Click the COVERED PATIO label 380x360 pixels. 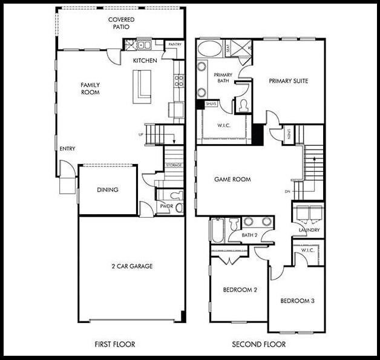point(121,24)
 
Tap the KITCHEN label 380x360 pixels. point(145,61)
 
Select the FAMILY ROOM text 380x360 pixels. point(90,88)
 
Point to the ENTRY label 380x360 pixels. point(67,148)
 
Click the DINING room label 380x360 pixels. point(108,190)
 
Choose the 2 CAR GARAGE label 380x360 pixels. point(131,266)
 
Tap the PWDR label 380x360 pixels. point(166,206)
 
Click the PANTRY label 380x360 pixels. point(175,44)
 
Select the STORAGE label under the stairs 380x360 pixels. point(173,165)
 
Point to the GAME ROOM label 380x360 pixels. point(233,180)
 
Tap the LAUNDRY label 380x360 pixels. point(309,230)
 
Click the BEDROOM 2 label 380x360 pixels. point(240,290)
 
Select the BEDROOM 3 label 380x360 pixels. point(296,301)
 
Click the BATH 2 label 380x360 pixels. point(250,235)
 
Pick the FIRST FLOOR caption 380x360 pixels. point(115,345)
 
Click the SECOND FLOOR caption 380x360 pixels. point(259,345)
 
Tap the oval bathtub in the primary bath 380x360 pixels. point(210,48)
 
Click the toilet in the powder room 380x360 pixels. point(176,195)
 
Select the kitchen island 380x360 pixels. point(143,83)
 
